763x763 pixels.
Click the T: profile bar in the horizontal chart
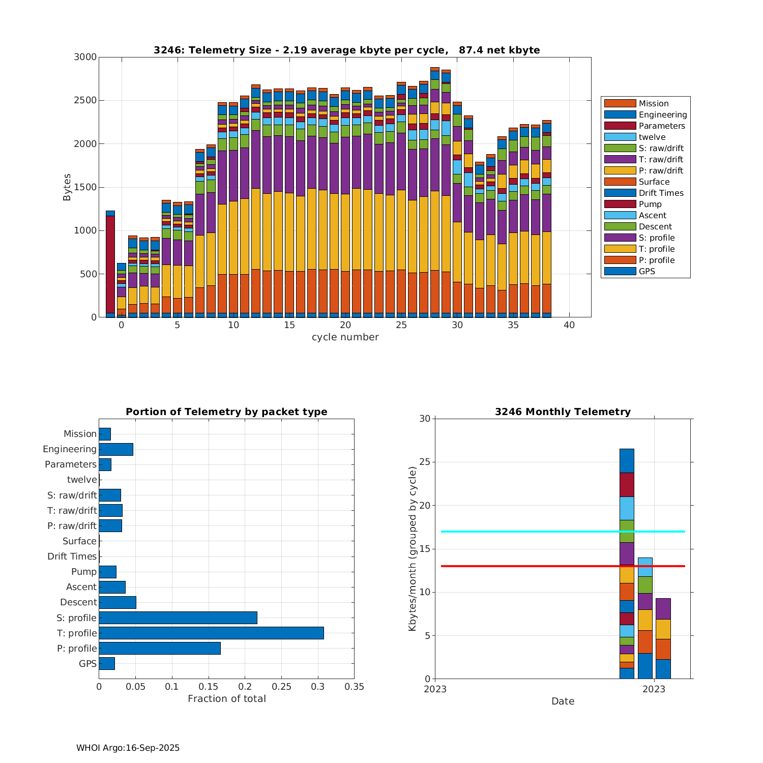pyautogui.click(x=211, y=633)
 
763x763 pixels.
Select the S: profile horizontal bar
pyautogui.click(x=178, y=618)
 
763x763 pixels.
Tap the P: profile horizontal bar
pyautogui.click(x=160, y=648)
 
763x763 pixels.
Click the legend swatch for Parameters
pyautogui.click(x=620, y=126)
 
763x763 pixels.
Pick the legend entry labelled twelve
pyautogui.click(x=652, y=137)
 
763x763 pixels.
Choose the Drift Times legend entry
pyautogui.click(x=661, y=193)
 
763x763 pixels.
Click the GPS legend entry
pyautogui.click(x=647, y=271)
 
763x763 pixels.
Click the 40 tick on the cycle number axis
pyautogui.click(x=569, y=325)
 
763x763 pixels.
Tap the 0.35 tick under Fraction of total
pyautogui.click(x=354, y=687)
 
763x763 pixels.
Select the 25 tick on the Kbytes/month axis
pyautogui.click(x=424, y=462)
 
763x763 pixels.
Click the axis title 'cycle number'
pyautogui.click(x=345, y=337)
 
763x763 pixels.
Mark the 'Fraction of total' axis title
pyautogui.click(x=226, y=699)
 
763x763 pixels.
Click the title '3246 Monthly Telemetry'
pyautogui.click(x=563, y=412)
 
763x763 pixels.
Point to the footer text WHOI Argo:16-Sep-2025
pyautogui.click(x=128, y=748)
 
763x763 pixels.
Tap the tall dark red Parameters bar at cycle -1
pyautogui.click(x=110, y=265)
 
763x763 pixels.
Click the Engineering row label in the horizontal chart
pyautogui.click(x=70, y=449)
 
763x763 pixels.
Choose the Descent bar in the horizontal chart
pyautogui.click(x=118, y=602)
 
